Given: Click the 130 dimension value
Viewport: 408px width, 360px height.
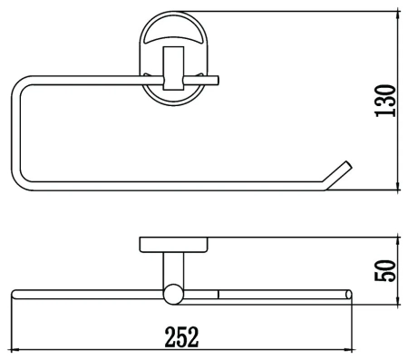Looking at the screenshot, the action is coord(385,101).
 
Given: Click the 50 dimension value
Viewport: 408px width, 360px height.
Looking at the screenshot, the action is coord(385,271).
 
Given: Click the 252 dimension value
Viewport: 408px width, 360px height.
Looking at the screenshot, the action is coord(182,336).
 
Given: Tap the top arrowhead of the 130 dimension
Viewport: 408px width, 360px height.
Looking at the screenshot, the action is coord(398,15).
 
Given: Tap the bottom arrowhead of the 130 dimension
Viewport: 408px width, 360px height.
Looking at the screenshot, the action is coord(398,186).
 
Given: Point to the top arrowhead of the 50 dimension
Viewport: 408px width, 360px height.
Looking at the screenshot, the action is coord(398,241).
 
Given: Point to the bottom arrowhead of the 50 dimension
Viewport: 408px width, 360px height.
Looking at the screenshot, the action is coord(398,300).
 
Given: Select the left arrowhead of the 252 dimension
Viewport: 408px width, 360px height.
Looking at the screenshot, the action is coord(15,350).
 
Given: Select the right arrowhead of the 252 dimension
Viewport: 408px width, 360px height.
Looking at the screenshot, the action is coord(348,350).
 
